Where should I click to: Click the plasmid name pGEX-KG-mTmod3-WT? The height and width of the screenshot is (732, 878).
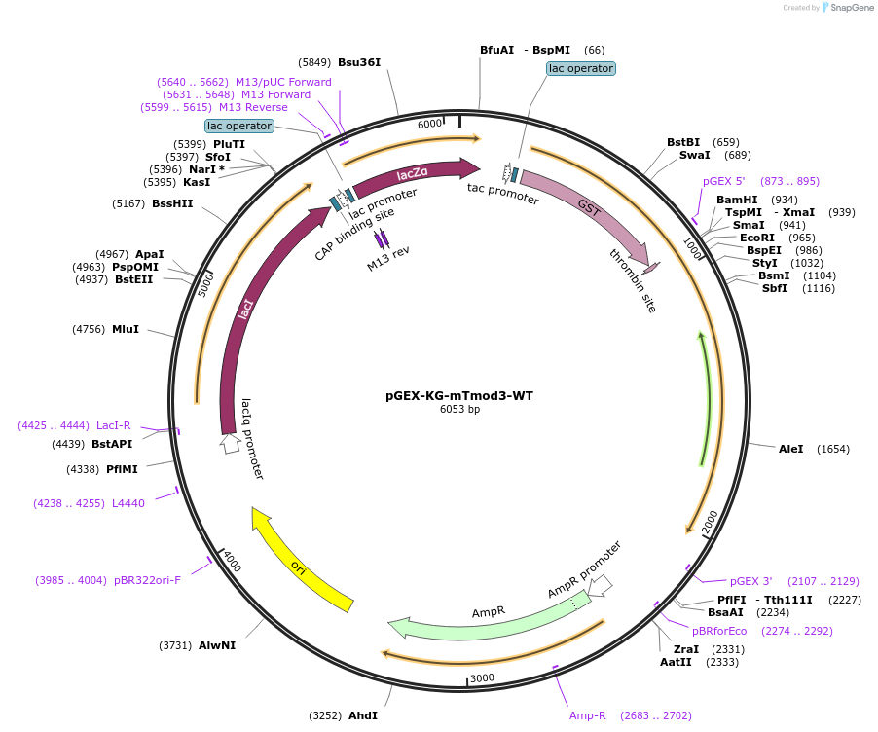point(459,396)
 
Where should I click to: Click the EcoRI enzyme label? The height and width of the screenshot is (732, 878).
point(756,238)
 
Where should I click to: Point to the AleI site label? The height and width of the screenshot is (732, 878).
point(791,449)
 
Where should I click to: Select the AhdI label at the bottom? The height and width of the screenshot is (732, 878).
point(363,715)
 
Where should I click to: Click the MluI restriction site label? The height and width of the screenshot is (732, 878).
point(126,329)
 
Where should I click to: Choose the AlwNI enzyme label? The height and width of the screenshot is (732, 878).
point(217,645)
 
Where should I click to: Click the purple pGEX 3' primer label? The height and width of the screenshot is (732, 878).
point(751,581)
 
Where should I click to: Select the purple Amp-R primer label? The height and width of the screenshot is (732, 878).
point(588,715)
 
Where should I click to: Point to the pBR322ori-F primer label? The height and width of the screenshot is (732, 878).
point(147,580)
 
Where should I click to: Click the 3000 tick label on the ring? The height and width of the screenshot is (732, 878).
point(483,677)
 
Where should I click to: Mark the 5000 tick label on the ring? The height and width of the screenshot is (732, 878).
point(206,284)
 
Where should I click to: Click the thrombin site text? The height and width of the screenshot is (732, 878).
point(634,280)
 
